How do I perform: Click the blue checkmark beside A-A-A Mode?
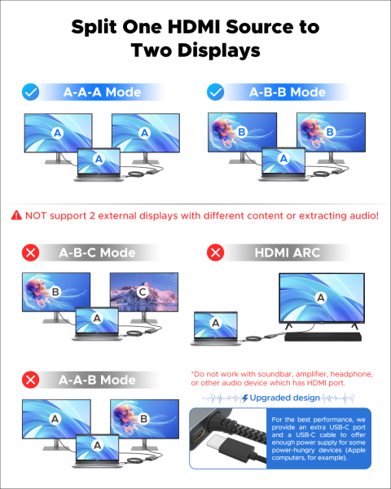pos(31,92)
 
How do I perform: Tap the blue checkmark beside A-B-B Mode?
pos(215,92)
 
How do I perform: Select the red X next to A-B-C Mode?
pos(31,253)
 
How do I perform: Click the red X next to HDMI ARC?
pos(215,253)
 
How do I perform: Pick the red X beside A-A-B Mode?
pos(31,380)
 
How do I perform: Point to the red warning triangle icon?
pos(16,215)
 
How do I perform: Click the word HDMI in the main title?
pos(194,27)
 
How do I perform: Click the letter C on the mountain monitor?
pos(143,292)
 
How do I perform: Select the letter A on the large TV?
pos(321,297)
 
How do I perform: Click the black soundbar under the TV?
pos(323,337)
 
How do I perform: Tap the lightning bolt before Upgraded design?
pos(245,398)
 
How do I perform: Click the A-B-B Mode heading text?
pos(288,92)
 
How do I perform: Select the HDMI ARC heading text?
pos(288,253)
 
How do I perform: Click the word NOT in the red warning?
pos(36,215)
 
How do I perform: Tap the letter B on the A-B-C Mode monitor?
pos(55,292)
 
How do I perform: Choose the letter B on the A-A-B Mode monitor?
pos(143,419)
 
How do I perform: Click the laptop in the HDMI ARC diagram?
pos(216,328)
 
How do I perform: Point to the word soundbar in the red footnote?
pos(275,374)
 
